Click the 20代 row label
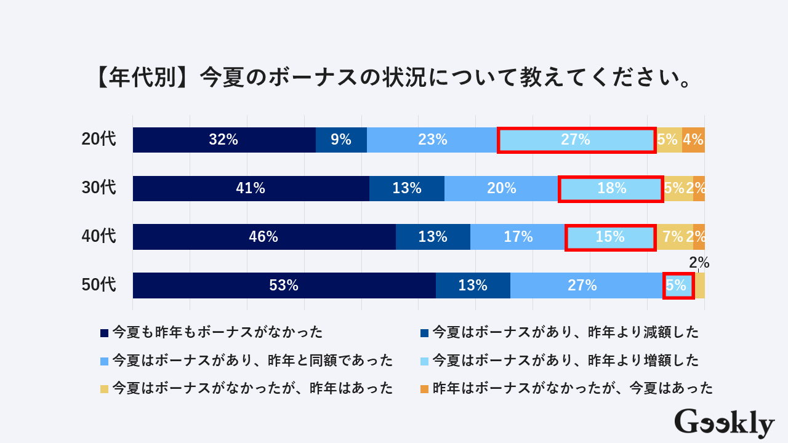coord(98,140)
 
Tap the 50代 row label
coord(98,285)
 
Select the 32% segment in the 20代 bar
coord(224,140)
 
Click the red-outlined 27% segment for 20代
coord(576,140)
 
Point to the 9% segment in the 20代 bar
coord(341,140)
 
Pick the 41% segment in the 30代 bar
coord(251,188)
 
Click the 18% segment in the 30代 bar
coord(611,188)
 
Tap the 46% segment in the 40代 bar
coord(264,237)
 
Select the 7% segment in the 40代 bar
coord(674,237)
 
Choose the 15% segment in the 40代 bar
coord(610,237)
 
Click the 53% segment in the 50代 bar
coord(284,285)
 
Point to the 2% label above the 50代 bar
coord(699,263)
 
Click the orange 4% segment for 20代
coord(693,140)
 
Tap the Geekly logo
coord(724,423)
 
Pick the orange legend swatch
coord(424,388)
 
